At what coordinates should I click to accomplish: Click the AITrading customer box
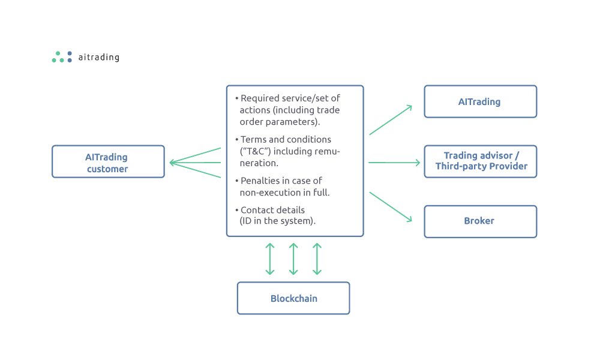[x=108, y=161]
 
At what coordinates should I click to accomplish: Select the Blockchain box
[x=293, y=298]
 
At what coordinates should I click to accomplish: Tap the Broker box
[x=480, y=221]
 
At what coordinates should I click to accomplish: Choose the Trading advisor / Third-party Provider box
[x=480, y=161]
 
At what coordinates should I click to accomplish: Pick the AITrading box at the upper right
[x=480, y=101]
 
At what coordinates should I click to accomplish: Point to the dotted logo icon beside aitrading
[x=62, y=57]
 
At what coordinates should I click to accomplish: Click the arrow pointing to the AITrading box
[x=391, y=119]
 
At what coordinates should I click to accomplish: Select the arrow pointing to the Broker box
[x=391, y=207]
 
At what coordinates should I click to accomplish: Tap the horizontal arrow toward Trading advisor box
[x=394, y=162]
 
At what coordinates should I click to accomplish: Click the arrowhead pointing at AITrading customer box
[x=173, y=162]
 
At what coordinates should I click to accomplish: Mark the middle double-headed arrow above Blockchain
[x=293, y=259]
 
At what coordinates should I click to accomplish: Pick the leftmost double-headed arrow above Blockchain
[x=269, y=259]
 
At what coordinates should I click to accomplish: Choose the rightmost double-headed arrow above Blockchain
[x=317, y=259]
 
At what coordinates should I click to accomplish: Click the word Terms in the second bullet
[x=253, y=140]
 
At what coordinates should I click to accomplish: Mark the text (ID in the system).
[x=278, y=221]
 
